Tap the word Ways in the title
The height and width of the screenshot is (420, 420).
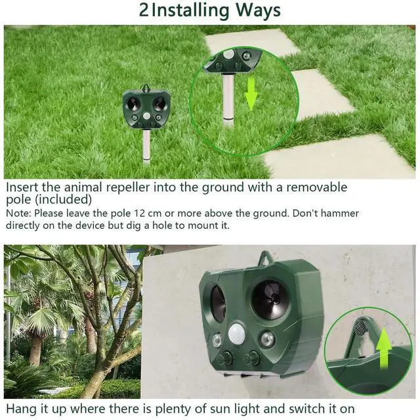pos(257,11)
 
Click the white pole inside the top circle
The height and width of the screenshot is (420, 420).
pos(227,99)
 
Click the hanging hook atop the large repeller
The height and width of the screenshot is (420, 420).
pos(266,259)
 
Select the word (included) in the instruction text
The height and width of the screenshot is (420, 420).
pos(64,199)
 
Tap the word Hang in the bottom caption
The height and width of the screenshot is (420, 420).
pos(20,410)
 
